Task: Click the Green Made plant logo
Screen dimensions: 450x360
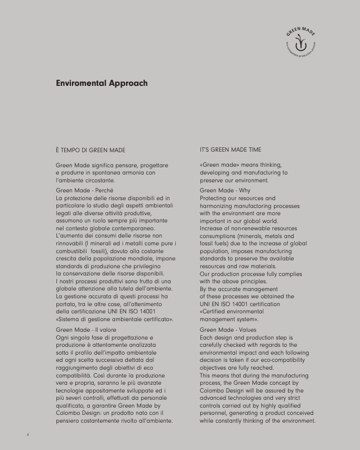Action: pos(301,43)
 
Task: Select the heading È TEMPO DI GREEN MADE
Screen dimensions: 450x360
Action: pos(90,150)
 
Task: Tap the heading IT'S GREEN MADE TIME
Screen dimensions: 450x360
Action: pos(230,150)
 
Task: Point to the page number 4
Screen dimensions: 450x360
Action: pos(27,433)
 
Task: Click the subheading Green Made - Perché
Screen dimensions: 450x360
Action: pos(85,191)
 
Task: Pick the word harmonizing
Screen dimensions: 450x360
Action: pos(218,206)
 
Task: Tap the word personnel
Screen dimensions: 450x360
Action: pos(215,414)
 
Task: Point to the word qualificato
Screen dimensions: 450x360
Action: pos(73,406)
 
